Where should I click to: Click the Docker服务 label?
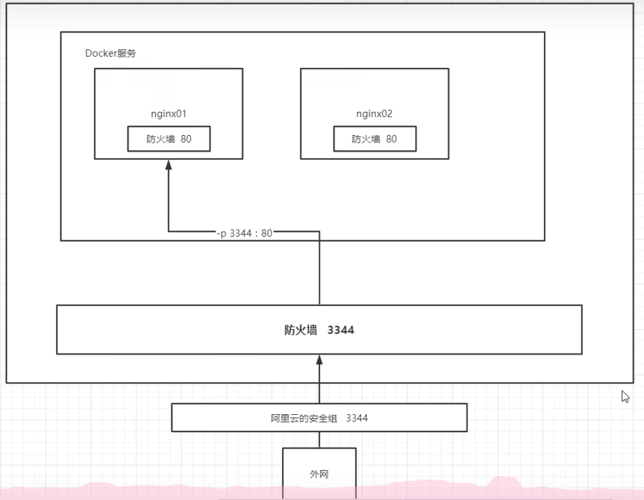(110, 54)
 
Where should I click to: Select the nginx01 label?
(168, 114)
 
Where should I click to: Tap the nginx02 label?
(374, 114)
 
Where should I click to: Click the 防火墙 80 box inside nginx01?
(169, 139)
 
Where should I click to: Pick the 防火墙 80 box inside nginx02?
(375, 139)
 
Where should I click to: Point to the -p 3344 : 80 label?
(245, 233)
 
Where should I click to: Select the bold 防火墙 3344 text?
(319, 330)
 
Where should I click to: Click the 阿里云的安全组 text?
(296, 418)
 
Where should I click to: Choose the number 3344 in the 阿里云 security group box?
(357, 418)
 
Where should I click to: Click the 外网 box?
(319, 473)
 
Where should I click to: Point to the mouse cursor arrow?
(625, 396)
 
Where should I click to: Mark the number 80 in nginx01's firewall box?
(187, 139)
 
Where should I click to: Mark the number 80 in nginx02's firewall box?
(392, 139)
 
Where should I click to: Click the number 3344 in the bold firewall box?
(340, 330)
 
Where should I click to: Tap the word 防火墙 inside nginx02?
(366, 139)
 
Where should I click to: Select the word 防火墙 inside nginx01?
(160, 139)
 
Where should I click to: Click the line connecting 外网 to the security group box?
(319, 440)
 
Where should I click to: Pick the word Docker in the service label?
(101, 54)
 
